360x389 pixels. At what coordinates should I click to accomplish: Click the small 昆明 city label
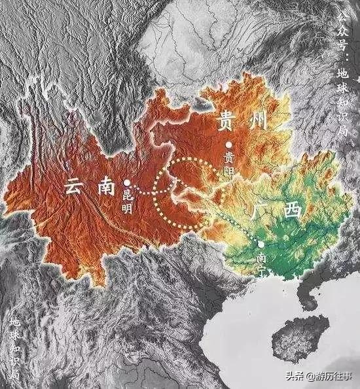tap(128, 201)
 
